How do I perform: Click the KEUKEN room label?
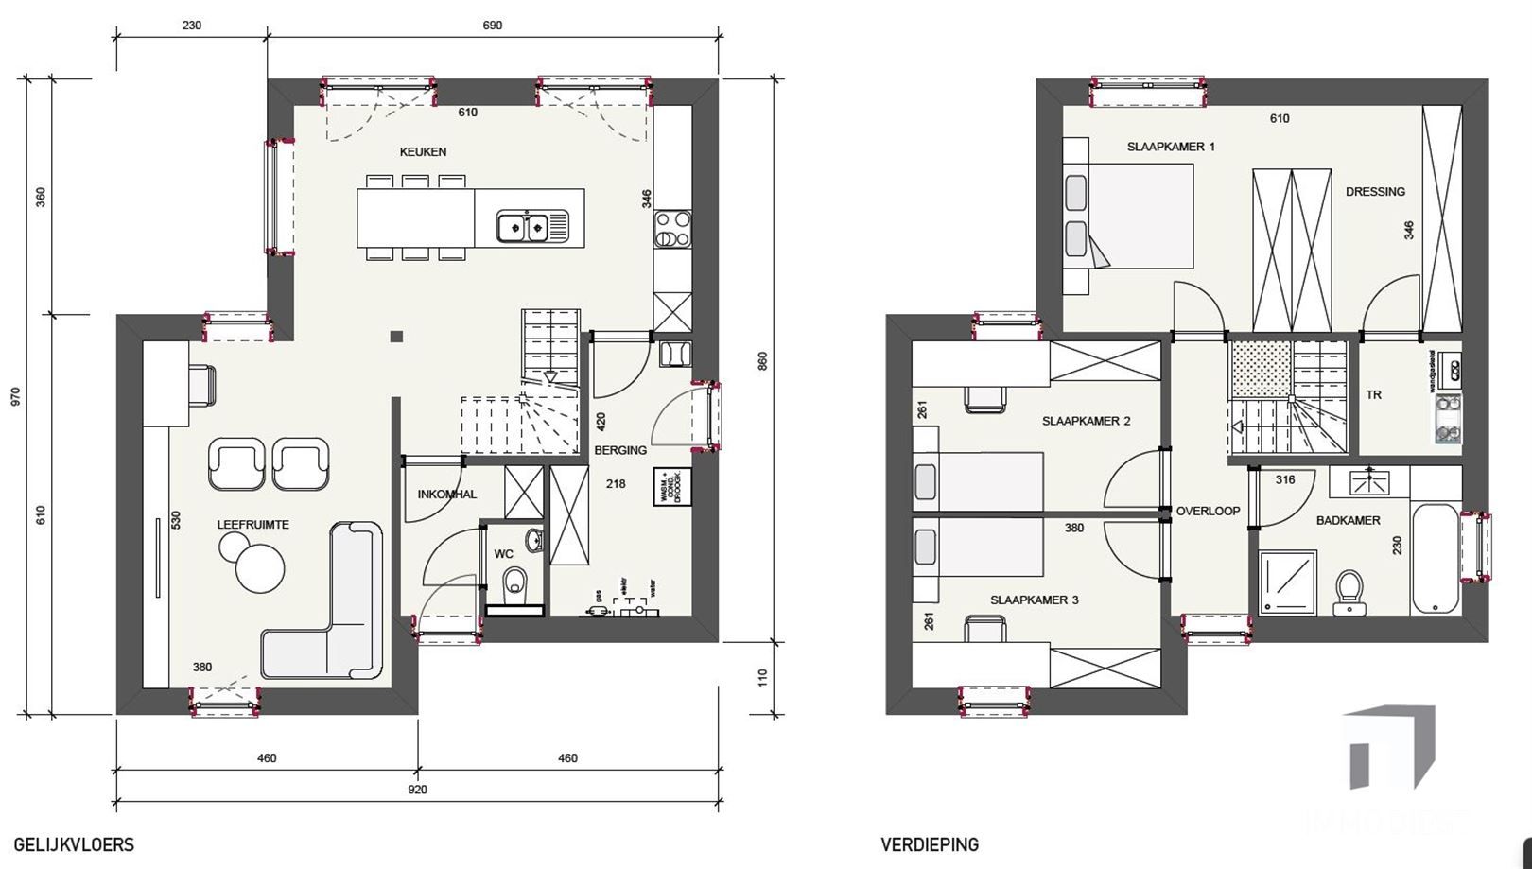423,151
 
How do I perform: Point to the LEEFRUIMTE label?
252,524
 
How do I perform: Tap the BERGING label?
620,450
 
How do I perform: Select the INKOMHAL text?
447,494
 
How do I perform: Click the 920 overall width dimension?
417,790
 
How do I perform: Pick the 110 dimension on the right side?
762,677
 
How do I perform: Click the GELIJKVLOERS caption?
74,844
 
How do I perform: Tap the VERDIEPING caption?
930,844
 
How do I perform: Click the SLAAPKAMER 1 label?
1171,147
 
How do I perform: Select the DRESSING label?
1375,191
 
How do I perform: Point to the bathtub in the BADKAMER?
1435,558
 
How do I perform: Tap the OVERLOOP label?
1208,511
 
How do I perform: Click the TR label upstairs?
1373,394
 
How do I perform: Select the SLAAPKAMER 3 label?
1034,600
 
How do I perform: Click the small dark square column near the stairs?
396,337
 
